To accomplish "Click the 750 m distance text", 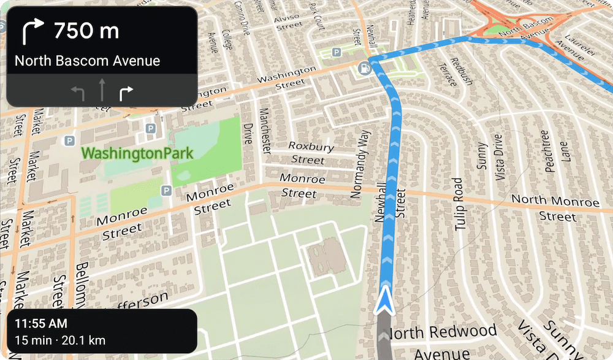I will pyautogui.click(x=86, y=30).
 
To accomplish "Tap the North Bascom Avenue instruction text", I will pyautogui.click(x=87, y=61).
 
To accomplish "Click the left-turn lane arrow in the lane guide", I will pyautogui.click(x=77, y=93).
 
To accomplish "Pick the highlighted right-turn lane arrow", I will pyautogui.click(x=126, y=93).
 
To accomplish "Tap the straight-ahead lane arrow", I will pyautogui.click(x=102, y=91).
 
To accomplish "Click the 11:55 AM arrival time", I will pyautogui.click(x=41, y=323).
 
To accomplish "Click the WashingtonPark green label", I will pyautogui.click(x=137, y=152).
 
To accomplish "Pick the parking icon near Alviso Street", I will pyautogui.click(x=336, y=53).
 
